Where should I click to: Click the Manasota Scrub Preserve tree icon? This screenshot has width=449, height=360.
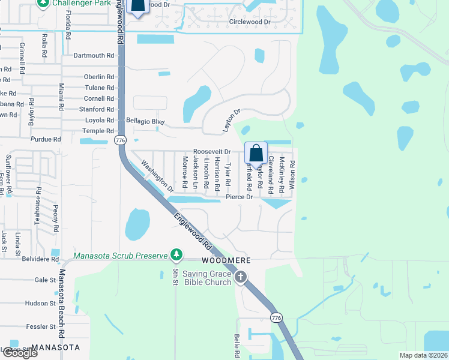coord(176,256)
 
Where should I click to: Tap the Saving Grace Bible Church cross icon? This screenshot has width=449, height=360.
coord(241,277)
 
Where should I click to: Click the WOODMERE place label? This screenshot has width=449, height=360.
coord(225,261)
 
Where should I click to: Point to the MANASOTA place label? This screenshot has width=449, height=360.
coord(55,347)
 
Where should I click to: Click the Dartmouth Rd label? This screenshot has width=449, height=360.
coord(94,55)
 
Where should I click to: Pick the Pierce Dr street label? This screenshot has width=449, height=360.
coord(240,197)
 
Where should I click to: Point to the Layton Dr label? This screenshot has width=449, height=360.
coord(232,120)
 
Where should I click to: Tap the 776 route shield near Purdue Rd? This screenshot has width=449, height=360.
coord(120,140)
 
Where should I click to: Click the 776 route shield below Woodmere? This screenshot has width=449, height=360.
coord(276,317)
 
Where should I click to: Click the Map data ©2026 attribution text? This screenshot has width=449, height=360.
coord(423,355)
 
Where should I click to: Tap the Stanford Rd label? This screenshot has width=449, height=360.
coord(97,109)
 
